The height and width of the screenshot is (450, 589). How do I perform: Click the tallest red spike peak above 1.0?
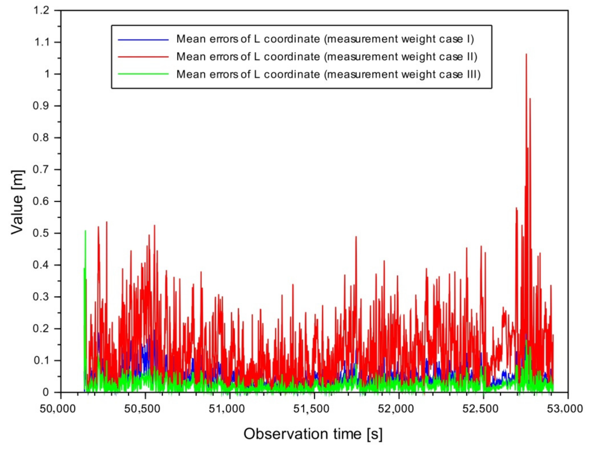point(526,55)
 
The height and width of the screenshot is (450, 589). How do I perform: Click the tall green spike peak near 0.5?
point(85,231)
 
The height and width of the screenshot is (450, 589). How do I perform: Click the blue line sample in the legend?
point(143,39)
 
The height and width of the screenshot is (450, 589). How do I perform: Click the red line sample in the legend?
point(143,57)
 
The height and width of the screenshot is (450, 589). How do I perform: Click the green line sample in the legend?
point(143,74)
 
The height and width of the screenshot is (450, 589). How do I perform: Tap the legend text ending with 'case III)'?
point(328,74)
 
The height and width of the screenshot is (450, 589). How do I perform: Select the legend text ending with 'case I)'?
point(325,39)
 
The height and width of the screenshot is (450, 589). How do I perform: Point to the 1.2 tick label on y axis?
point(41,10)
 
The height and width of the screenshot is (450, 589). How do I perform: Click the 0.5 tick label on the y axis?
point(41,233)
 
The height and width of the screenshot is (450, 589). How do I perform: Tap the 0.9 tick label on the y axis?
point(41,106)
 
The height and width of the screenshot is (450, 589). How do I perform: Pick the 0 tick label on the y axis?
point(46,392)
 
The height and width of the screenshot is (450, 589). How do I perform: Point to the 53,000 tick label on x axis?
point(564,409)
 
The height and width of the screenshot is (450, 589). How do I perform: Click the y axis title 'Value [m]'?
point(17,202)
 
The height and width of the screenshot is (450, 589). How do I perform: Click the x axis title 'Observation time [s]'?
point(313,434)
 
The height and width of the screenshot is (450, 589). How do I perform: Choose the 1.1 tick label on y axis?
point(41,42)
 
